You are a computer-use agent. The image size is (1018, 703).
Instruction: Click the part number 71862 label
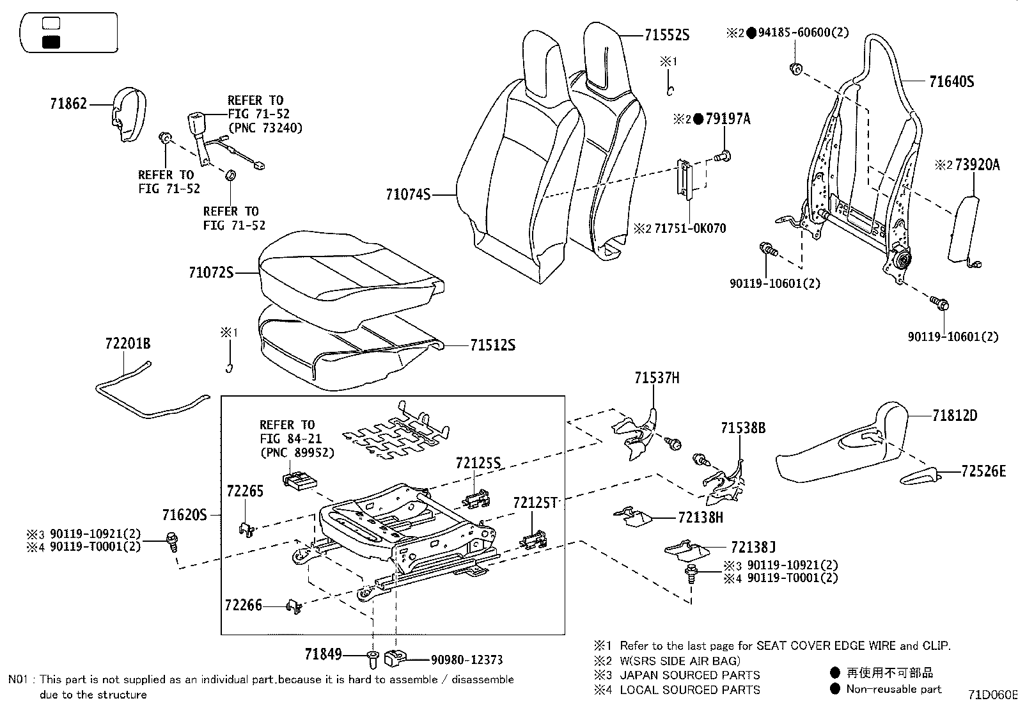(x=68, y=103)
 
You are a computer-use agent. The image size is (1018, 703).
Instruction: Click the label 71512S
(x=492, y=345)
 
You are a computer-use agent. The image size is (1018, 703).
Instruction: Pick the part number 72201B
(x=128, y=344)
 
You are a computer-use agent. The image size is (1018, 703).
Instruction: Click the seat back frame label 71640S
(x=951, y=81)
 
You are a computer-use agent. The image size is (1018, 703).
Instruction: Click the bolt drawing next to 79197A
(x=724, y=155)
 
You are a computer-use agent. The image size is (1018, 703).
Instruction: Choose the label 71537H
(x=657, y=378)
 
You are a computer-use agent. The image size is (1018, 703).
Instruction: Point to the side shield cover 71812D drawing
(x=844, y=448)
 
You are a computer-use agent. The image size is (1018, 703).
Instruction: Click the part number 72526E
(x=983, y=471)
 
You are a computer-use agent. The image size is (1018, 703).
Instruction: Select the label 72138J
(x=753, y=547)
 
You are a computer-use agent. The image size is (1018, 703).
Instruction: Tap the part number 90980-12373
(x=467, y=660)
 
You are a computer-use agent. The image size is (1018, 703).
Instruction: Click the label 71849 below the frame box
(x=323, y=654)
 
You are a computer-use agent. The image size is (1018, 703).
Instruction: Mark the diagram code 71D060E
(x=992, y=694)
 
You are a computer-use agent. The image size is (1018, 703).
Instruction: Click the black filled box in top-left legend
(x=51, y=42)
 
